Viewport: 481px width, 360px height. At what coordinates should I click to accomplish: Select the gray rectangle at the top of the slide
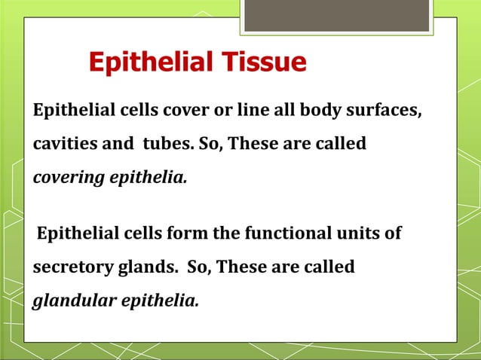[336, 16]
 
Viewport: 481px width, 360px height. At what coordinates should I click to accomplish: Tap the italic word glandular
[72, 301]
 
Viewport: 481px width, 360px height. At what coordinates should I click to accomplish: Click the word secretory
[69, 267]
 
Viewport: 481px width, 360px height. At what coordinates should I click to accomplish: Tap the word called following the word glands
[328, 267]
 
